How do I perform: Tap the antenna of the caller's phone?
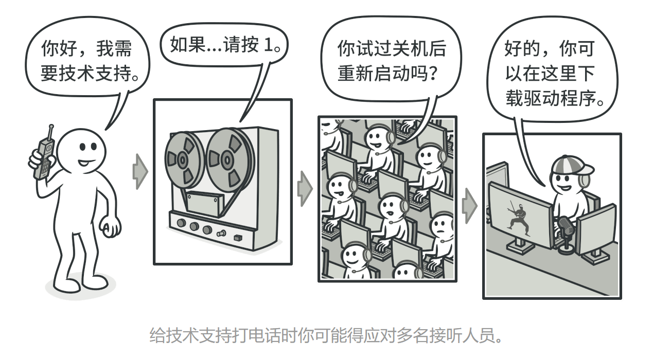pyautogui.click(x=51, y=132)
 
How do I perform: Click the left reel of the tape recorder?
pyautogui.click(x=183, y=160)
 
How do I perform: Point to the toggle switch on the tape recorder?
pyautogui.click(x=222, y=233)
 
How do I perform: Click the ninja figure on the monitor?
pyautogui.click(x=517, y=219)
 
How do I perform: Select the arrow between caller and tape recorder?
pyautogui.click(x=140, y=172)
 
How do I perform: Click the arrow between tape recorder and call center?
pyautogui.click(x=305, y=189)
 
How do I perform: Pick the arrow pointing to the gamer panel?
pyautogui.click(x=469, y=206)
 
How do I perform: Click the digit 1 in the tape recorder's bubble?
pyautogui.click(x=269, y=45)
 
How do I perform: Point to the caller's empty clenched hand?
pyautogui.click(x=110, y=226)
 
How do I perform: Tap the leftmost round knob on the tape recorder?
pyautogui.click(x=181, y=223)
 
